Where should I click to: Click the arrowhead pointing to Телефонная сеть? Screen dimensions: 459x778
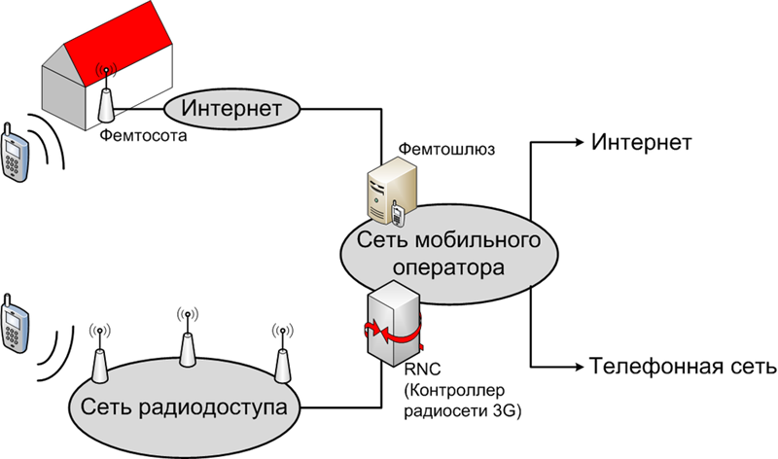point(576,367)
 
